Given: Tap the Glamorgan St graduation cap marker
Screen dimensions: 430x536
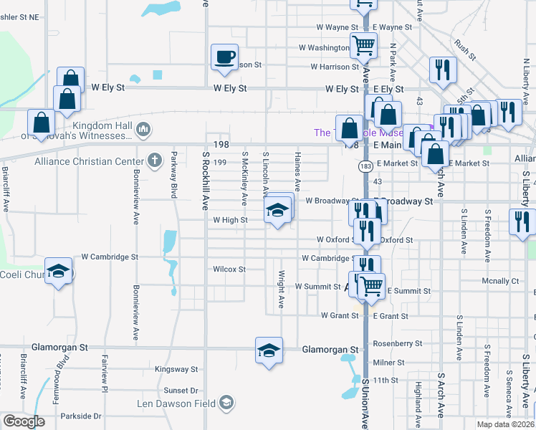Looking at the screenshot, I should click(x=269, y=351).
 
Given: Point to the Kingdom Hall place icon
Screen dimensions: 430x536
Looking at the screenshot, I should click(x=143, y=129).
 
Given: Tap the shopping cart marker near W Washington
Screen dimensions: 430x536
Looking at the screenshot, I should click(x=364, y=45).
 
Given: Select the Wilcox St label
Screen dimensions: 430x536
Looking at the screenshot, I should click(x=229, y=269).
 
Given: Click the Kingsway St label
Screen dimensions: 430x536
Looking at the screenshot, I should click(x=176, y=369).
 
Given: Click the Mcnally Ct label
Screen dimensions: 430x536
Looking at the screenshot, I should click(x=500, y=281).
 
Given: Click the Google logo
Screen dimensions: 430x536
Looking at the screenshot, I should click(x=24, y=421).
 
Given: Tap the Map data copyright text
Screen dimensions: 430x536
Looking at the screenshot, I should click(x=505, y=424).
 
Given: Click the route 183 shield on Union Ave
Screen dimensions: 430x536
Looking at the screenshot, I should click(x=365, y=166).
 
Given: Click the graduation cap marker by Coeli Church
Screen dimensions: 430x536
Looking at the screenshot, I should click(x=59, y=271).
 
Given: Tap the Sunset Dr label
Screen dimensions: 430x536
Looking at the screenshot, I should click(x=181, y=391).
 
